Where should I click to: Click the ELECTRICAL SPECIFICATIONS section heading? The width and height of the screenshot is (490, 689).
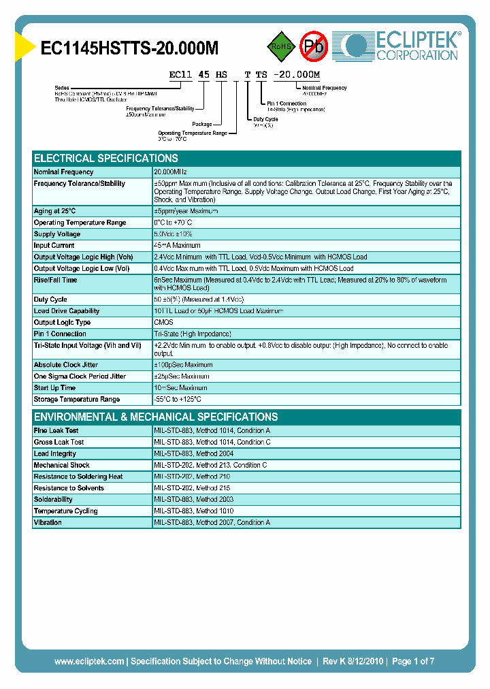tap(106, 158)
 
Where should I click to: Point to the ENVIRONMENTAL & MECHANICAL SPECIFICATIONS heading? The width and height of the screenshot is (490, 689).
tap(156, 417)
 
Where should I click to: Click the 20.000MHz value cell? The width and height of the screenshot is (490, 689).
tap(170, 172)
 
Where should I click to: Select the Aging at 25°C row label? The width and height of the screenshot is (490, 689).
tap(54, 211)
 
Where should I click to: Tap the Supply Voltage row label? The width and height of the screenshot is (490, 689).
tap(57, 234)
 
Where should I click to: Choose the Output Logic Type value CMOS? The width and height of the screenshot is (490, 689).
tap(164, 323)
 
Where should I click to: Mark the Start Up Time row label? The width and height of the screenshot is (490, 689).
tap(54, 388)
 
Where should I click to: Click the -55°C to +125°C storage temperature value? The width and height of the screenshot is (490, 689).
tap(178, 400)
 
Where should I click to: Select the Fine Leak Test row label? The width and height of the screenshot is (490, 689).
tap(56, 431)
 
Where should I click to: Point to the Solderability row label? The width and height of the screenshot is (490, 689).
tap(53, 500)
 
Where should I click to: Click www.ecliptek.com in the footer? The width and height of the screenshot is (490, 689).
tap(89, 661)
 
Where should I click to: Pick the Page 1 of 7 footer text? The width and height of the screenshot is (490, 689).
tap(413, 661)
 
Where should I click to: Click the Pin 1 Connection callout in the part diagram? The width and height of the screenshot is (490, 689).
tap(287, 103)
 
